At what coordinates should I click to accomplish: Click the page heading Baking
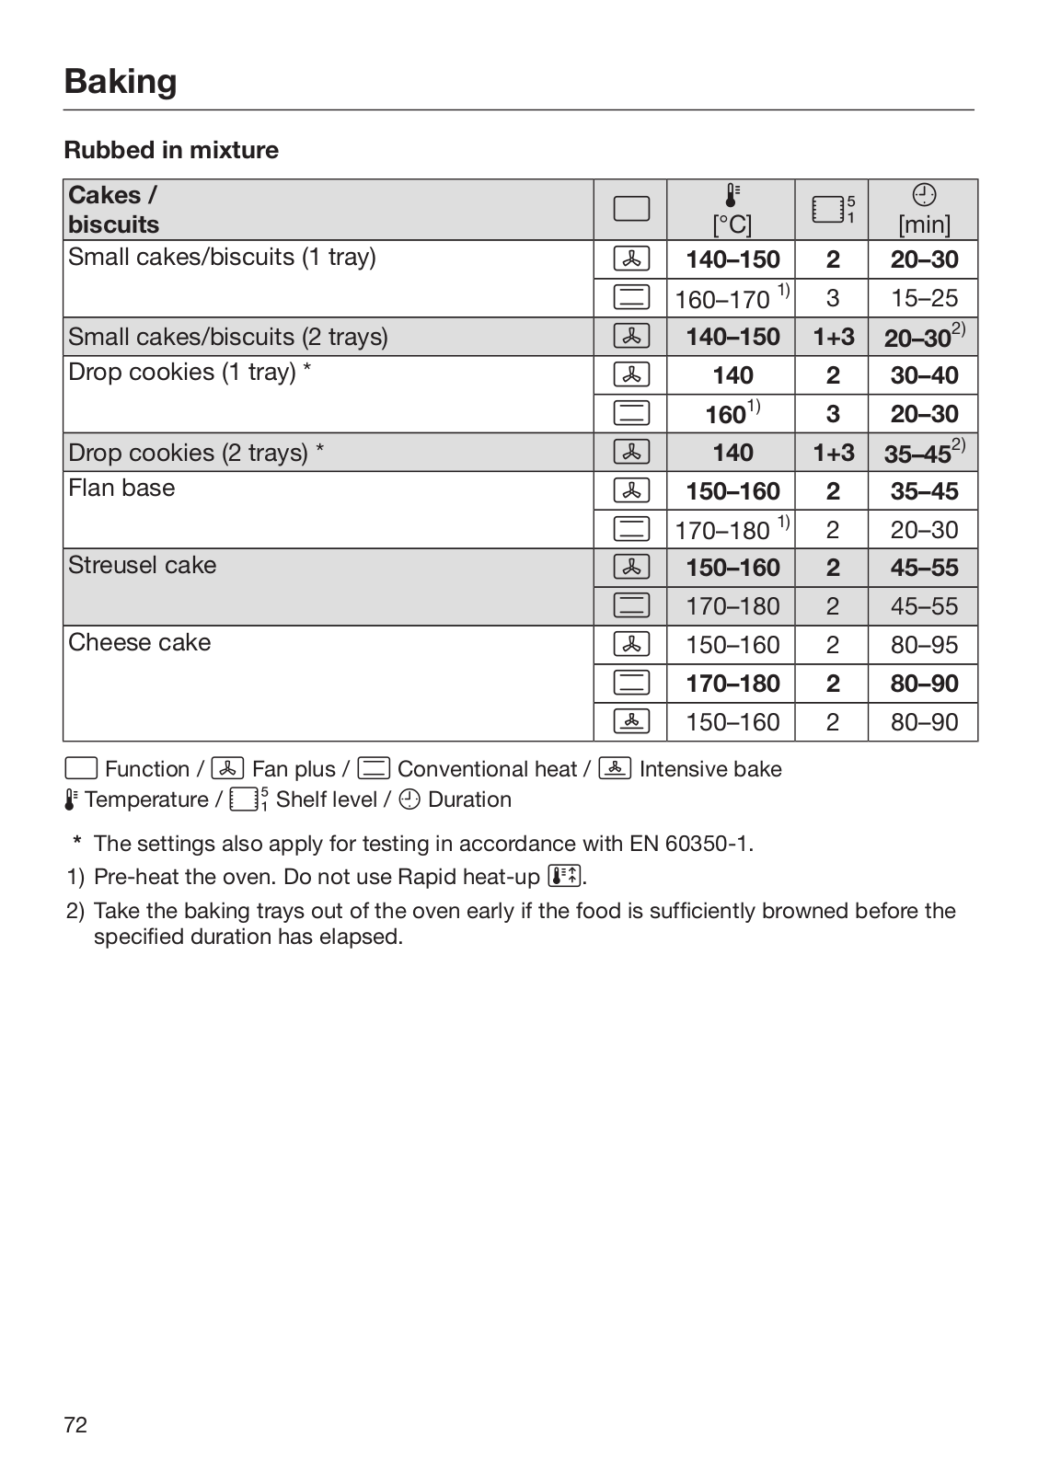pos(121,81)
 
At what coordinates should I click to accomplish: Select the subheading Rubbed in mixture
pos(171,150)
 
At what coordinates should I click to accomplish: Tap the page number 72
pos(75,1425)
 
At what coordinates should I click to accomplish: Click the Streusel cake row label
pos(143,565)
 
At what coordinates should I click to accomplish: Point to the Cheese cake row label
pos(139,642)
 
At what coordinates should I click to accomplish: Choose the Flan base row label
pos(121,488)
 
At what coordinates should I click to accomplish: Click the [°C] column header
pos(732,224)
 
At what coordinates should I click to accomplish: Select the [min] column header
pos(924,224)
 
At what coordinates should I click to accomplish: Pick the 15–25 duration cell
pos(924,298)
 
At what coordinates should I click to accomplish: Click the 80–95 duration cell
pos(924,645)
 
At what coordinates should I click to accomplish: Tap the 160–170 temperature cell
pos(722,299)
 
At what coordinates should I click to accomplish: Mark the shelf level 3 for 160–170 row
pos(832,298)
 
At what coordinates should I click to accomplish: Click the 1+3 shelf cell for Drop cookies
pos(833,453)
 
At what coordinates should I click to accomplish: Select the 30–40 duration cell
pos(924,375)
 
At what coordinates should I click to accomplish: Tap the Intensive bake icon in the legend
pos(615,768)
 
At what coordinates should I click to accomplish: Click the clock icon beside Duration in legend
pos(410,799)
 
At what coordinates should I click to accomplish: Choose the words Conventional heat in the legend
pos(487,769)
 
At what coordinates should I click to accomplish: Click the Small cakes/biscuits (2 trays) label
pos(228,337)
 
